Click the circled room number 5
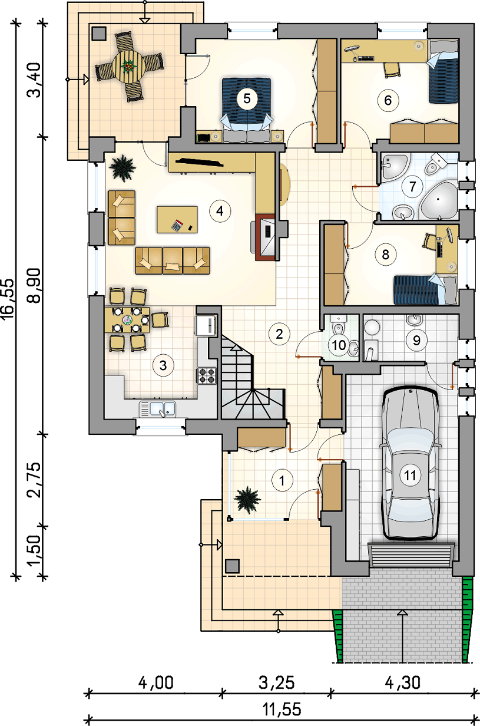247,98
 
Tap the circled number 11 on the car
410,476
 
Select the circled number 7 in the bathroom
412,186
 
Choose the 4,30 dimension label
403,682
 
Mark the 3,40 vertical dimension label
35,80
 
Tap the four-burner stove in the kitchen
207,375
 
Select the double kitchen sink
157,409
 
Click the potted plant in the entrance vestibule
247,500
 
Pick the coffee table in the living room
177,219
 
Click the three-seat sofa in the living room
173,260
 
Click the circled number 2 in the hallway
279,334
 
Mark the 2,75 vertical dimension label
35,480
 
